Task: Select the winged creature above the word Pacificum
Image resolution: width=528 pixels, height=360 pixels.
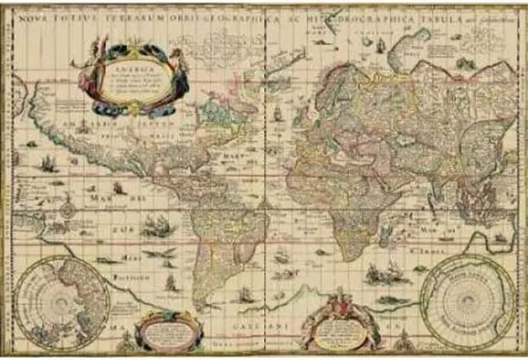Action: tap(160, 253)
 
